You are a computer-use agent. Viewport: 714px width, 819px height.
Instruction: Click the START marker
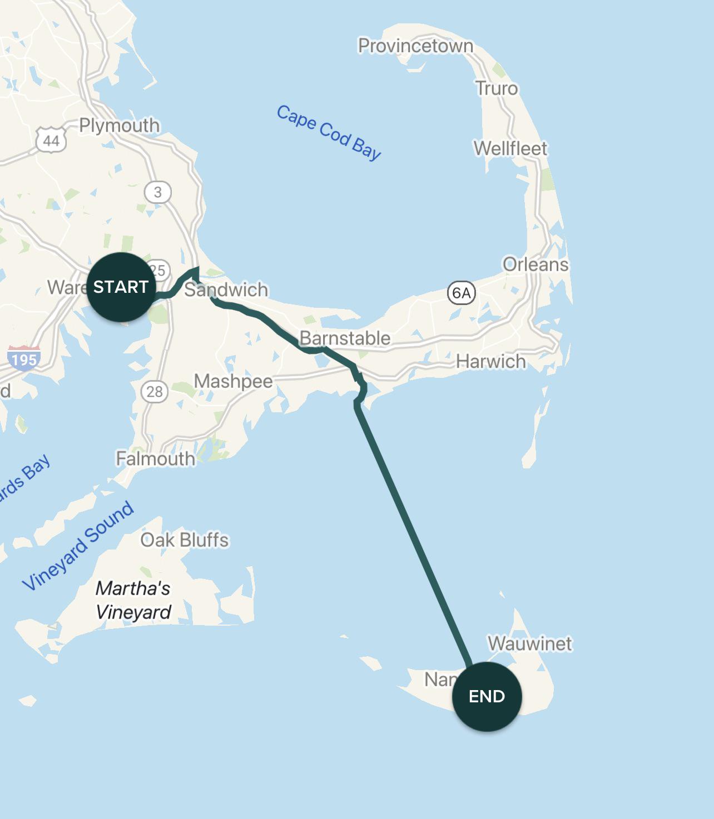tap(121, 287)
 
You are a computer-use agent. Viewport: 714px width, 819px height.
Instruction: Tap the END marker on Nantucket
tap(487, 696)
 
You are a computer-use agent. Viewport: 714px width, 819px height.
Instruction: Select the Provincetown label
tap(415, 46)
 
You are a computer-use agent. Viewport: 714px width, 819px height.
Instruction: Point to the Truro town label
tap(496, 88)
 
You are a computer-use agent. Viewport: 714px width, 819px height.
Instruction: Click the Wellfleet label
tap(510, 148)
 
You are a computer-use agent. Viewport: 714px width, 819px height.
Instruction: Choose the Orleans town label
tap(535, 264)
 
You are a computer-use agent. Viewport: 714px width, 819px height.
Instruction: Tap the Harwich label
tap(490, 362)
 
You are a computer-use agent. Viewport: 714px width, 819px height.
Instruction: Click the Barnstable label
tap(345, 338)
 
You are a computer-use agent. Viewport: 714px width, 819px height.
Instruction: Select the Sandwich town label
tap(226, 289)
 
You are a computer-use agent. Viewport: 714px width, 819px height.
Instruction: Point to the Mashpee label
tap(233, 381)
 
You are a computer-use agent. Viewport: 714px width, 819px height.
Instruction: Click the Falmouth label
tap(155, 458)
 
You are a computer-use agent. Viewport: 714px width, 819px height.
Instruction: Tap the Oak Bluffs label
tap(185, 540)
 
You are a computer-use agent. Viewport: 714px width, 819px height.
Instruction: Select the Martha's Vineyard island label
tap(133, 600)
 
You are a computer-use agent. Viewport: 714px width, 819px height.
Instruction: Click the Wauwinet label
tap(529, 643)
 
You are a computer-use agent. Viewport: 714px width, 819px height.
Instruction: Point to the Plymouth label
tap(119, 125)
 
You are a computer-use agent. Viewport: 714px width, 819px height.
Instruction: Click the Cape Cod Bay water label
tap(329, 132)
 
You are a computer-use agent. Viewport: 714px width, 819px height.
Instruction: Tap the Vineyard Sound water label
tap(78, 545)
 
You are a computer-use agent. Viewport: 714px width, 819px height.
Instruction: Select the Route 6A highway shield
tap(461, 293)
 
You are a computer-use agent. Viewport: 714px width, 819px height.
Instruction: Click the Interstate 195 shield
tap(23, 359)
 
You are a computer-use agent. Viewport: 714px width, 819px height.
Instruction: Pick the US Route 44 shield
tap(51, 140)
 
